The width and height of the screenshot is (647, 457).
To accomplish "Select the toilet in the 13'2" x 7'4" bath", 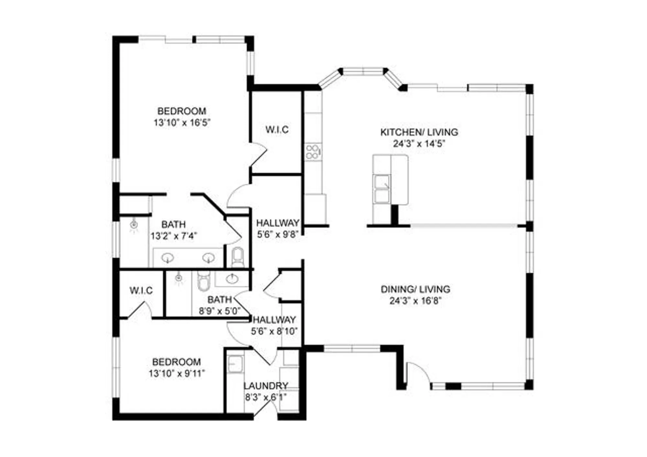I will pos(237,257).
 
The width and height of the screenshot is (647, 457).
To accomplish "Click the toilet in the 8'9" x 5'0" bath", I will pos(203,281).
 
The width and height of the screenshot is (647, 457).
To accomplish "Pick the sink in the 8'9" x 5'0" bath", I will pos(232,278).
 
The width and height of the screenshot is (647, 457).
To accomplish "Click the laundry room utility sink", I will pos(235,364).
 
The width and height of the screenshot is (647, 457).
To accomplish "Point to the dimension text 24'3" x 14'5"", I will pos(419,144).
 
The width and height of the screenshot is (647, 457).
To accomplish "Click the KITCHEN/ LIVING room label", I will pos(419,132).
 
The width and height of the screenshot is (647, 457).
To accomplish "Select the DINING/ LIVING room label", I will pos(415,289).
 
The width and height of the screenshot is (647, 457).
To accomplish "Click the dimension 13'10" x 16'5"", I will pos(182,123).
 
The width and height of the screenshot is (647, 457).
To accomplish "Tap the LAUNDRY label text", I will pos(266,386).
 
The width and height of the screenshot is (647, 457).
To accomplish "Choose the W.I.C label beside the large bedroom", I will pos(277,130).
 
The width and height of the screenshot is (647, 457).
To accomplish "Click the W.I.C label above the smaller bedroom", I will pos(141,290).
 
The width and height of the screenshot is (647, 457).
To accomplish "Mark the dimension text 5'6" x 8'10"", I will pos(274,331).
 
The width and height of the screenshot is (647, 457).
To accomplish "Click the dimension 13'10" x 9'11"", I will pos(177,374).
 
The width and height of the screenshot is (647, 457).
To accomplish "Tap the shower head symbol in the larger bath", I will pos(134,225).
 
